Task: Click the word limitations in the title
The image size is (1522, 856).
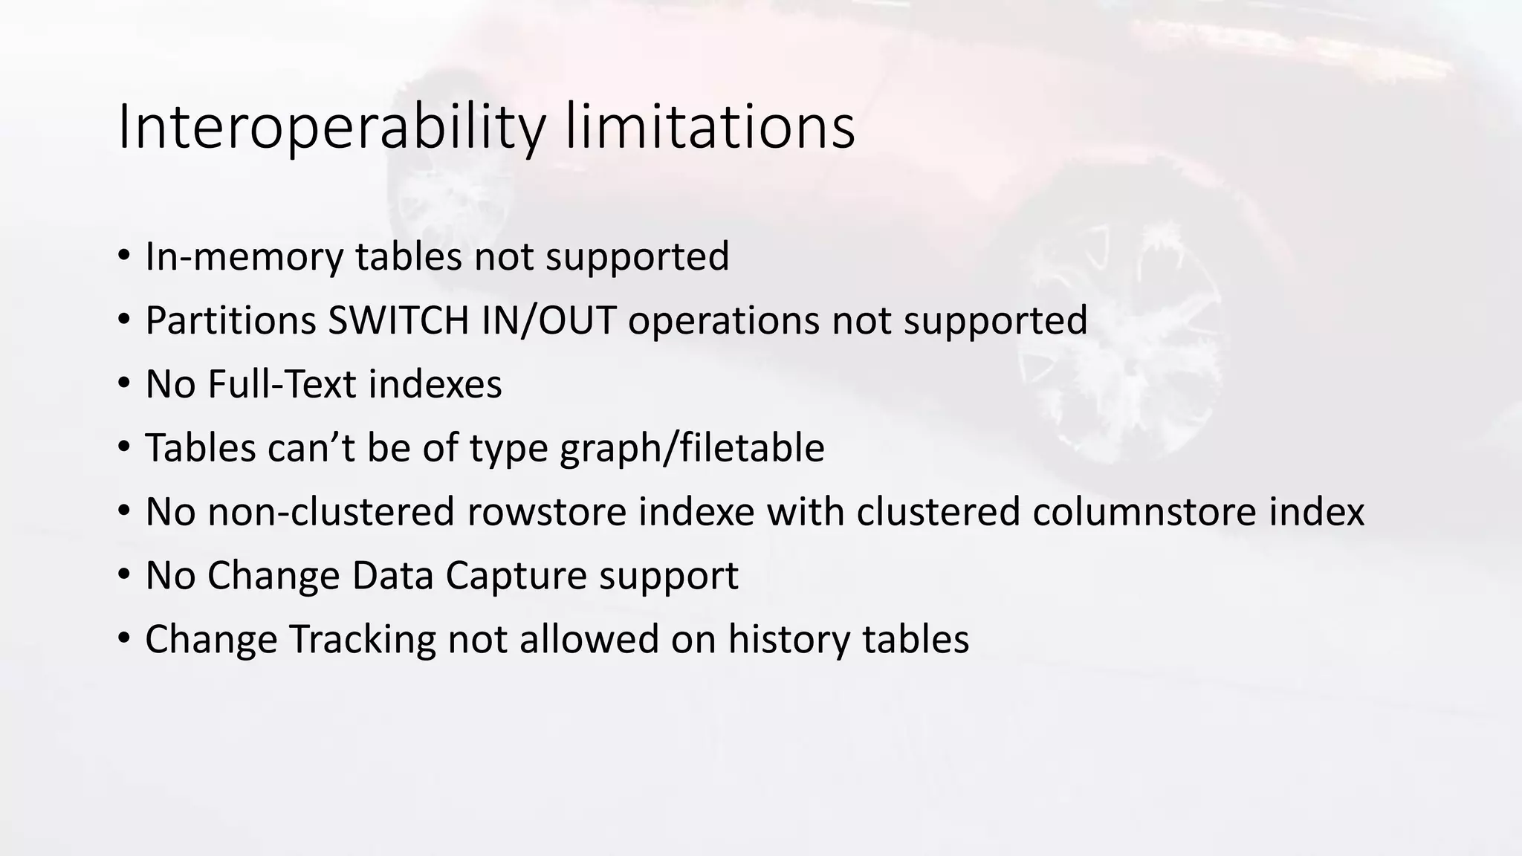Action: (x=710, y=128)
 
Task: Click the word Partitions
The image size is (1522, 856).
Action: (x=230, y=320)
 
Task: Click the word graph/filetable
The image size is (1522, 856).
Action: (x=691, y=448)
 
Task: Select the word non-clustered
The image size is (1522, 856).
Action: (x=331, y=512)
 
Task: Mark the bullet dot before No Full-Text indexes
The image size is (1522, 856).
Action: (x=123, y=384)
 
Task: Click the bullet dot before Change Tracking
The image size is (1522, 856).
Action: (x=123, y=640)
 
